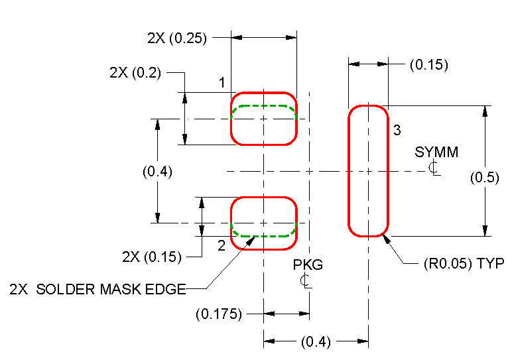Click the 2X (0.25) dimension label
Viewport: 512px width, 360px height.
click(177, 38)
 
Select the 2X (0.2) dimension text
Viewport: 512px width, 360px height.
click(135, 73)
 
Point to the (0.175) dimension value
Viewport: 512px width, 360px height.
click(219, 313)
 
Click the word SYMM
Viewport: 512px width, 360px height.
click(436, 152)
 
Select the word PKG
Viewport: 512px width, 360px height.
click(308, 265)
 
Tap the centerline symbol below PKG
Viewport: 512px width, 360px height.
click(305, 281)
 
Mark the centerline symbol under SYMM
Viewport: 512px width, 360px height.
click(434, 168)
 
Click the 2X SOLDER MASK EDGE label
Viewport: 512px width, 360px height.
click(97, 289)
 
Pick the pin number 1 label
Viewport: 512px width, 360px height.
click(224, 83)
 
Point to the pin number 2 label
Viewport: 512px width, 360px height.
click(222, 245)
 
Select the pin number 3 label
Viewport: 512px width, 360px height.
click(397, 131)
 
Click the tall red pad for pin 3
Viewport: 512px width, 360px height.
click(368, 170)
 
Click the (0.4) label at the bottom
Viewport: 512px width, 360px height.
click(316, 342)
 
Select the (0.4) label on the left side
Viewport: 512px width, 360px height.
click(157, 172)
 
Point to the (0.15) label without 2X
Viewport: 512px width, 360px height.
click(428, 65)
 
